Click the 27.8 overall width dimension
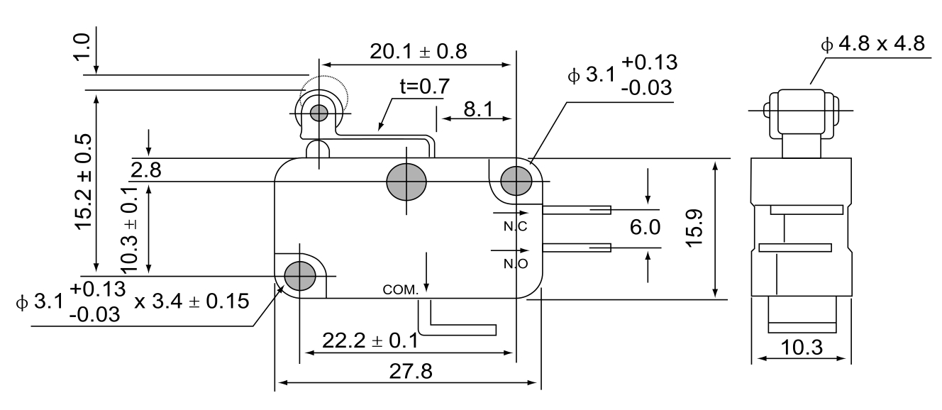point(411,371)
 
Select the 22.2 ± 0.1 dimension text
point(370,340)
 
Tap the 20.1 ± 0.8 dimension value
point(419,51)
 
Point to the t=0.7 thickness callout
point(425,87)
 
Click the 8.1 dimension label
point(479,109)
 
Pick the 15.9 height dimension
point(694,228)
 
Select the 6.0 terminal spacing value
point(645,228)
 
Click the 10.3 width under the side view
point(802,348)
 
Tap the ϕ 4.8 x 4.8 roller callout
point(873,44)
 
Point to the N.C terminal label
point(515,227)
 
